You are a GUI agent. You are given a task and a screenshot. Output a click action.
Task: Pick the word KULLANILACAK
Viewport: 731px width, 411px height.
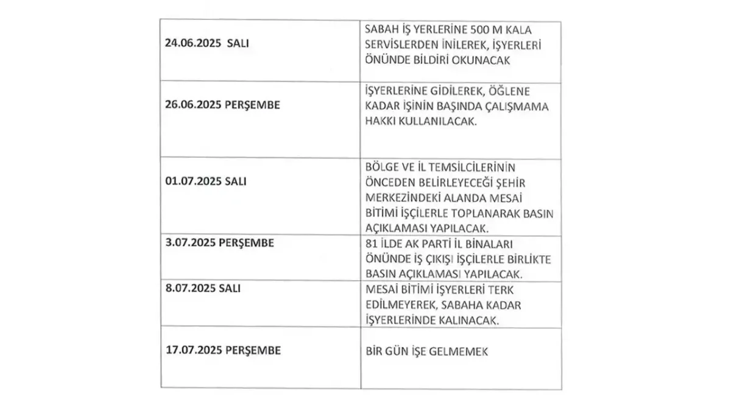click(x=438, y=121)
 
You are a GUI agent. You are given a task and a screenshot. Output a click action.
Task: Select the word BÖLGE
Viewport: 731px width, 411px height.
click(x=378, y=167)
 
